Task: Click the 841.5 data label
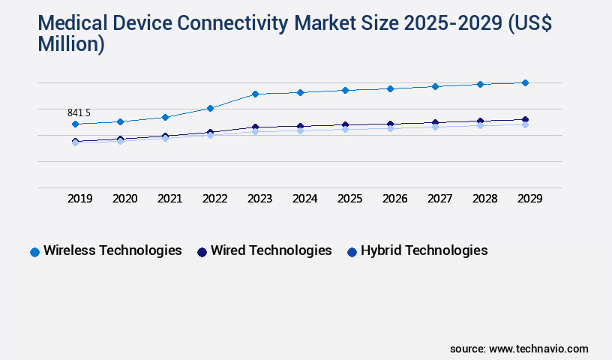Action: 79,112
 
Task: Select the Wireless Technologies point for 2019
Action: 75,124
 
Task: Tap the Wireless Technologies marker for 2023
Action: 255,94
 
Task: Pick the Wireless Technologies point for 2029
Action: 525,82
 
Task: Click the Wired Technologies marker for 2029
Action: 525,119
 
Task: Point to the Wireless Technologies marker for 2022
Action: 210,108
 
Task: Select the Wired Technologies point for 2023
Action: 255,127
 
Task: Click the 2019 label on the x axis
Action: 79,199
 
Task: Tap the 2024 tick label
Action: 304,199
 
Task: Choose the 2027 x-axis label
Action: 439,199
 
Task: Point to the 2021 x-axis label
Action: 169,199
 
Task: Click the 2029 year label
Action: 529,199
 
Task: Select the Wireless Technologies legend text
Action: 112,250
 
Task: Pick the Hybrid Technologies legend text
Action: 424,250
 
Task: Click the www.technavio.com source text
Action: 538,349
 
